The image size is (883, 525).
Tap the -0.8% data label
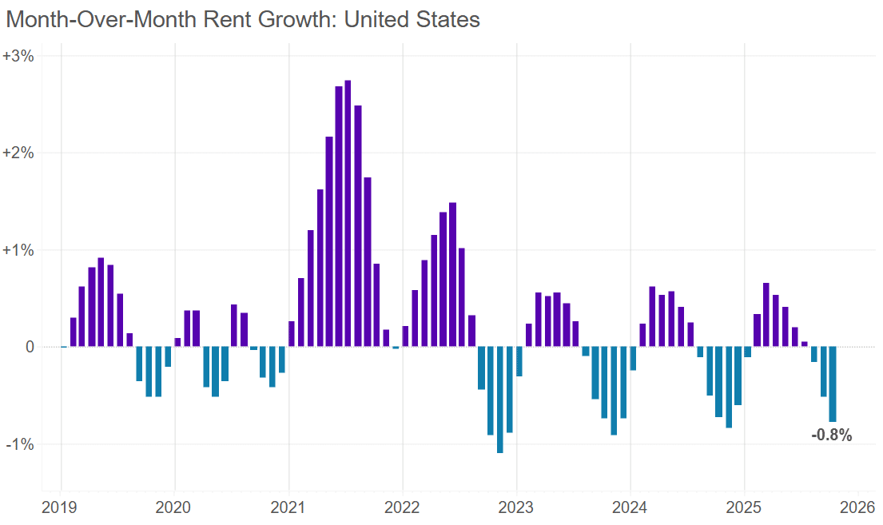click(831, 436)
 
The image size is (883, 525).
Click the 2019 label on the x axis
click(61, 507)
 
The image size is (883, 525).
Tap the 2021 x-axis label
click(288, 507)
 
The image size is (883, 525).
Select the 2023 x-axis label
click(516, 507)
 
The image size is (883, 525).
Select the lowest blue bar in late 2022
click(500, 400)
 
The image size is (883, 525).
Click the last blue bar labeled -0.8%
click(833, 384)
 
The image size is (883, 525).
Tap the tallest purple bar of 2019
click(101, 302)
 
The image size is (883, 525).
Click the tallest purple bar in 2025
click(766, 314)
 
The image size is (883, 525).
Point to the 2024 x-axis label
click(630, 507)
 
